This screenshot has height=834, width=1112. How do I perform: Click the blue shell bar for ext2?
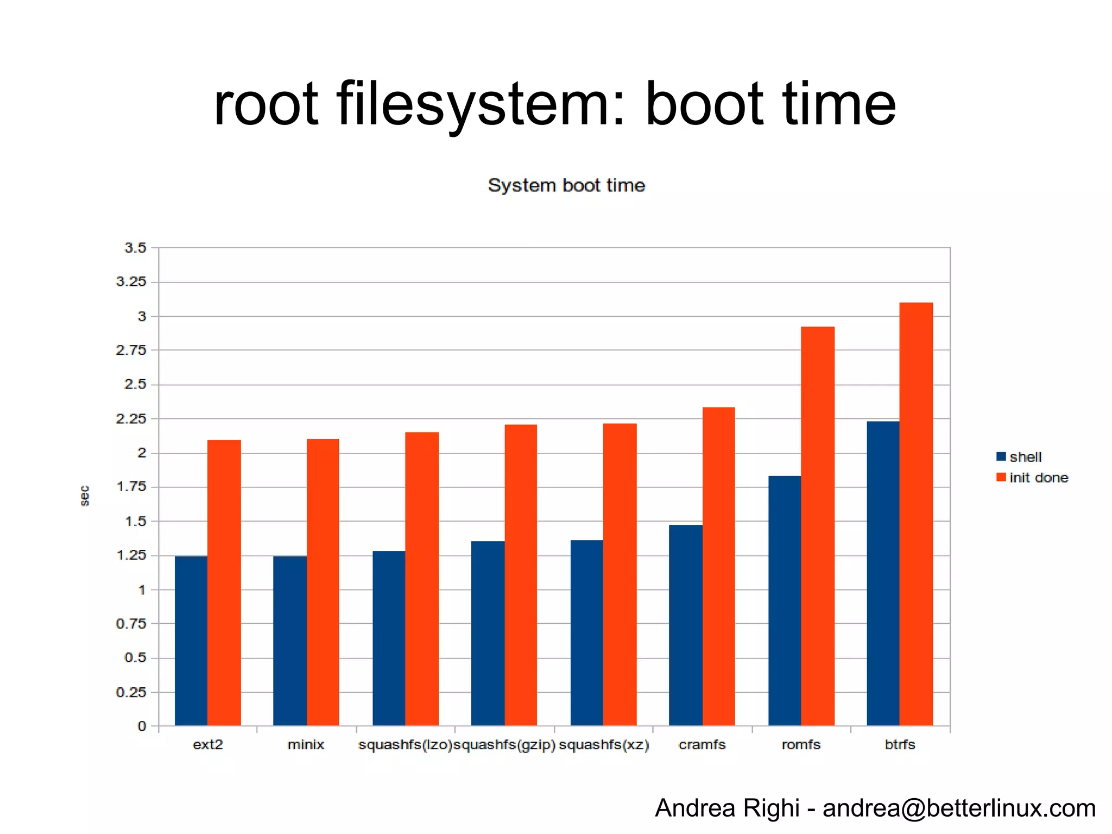[191, 641]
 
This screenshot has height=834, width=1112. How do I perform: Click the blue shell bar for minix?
[290, 641]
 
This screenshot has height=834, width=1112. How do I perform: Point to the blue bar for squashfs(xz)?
[587, 633]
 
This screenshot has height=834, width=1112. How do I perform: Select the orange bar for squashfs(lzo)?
[422, 579]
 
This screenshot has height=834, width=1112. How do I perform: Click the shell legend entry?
[1019, 457]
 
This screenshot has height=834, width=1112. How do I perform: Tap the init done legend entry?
[1032, 478]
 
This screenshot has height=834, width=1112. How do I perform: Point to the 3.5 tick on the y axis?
[135, 248]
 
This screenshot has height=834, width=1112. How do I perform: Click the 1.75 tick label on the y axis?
[131, 487]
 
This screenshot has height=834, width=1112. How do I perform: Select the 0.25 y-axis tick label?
[131, 692]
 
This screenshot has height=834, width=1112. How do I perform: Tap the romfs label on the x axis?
[801, 744]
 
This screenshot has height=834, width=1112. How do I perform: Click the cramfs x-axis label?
[702, 744]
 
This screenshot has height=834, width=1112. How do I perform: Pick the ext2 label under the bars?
[208, 744]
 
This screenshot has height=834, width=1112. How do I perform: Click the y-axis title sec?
[85, 496]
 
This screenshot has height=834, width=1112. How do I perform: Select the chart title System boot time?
[566, 185]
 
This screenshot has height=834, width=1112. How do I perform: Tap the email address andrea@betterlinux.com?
[959, 808]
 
